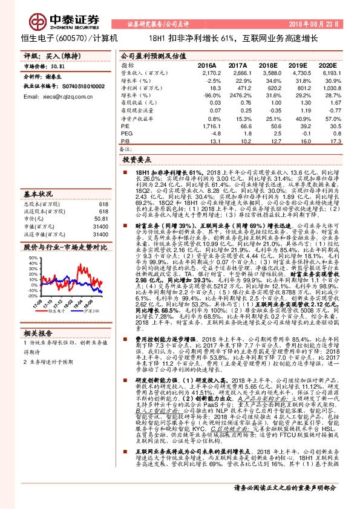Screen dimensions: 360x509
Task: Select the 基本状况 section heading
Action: pos(39,195)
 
